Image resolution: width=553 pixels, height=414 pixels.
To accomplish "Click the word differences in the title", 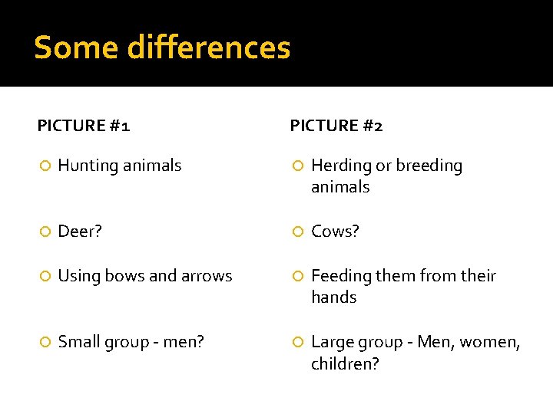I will click(x=209, y=48).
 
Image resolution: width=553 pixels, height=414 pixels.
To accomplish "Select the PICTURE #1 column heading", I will click(x=84, y=126).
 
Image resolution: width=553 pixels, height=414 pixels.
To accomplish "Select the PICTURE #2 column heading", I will click(x=336, y=126).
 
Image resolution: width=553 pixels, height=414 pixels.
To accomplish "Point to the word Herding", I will click(x=340, y=166).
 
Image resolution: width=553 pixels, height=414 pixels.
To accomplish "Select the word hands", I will click(x=333, y=297).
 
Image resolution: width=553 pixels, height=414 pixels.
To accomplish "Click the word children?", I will click(x=345, y=364).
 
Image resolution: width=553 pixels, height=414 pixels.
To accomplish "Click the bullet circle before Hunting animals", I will click(x=45, y=166).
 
